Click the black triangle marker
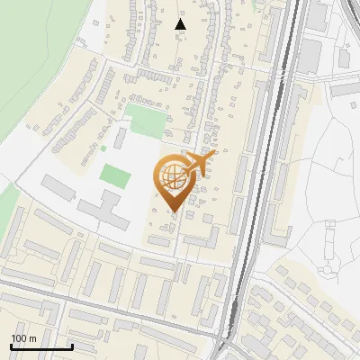tap(181, 24)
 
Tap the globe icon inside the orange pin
tap(175, 179)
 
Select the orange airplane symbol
tap(200, 163)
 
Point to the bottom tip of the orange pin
tap(175, 213)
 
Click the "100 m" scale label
tap(23, 338)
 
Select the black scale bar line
tap(40, 346)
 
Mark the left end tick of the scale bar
tap(10, 346)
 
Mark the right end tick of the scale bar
tap(72, 346)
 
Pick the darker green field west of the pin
tap(114, 174)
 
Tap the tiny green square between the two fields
tap(103, 148)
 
